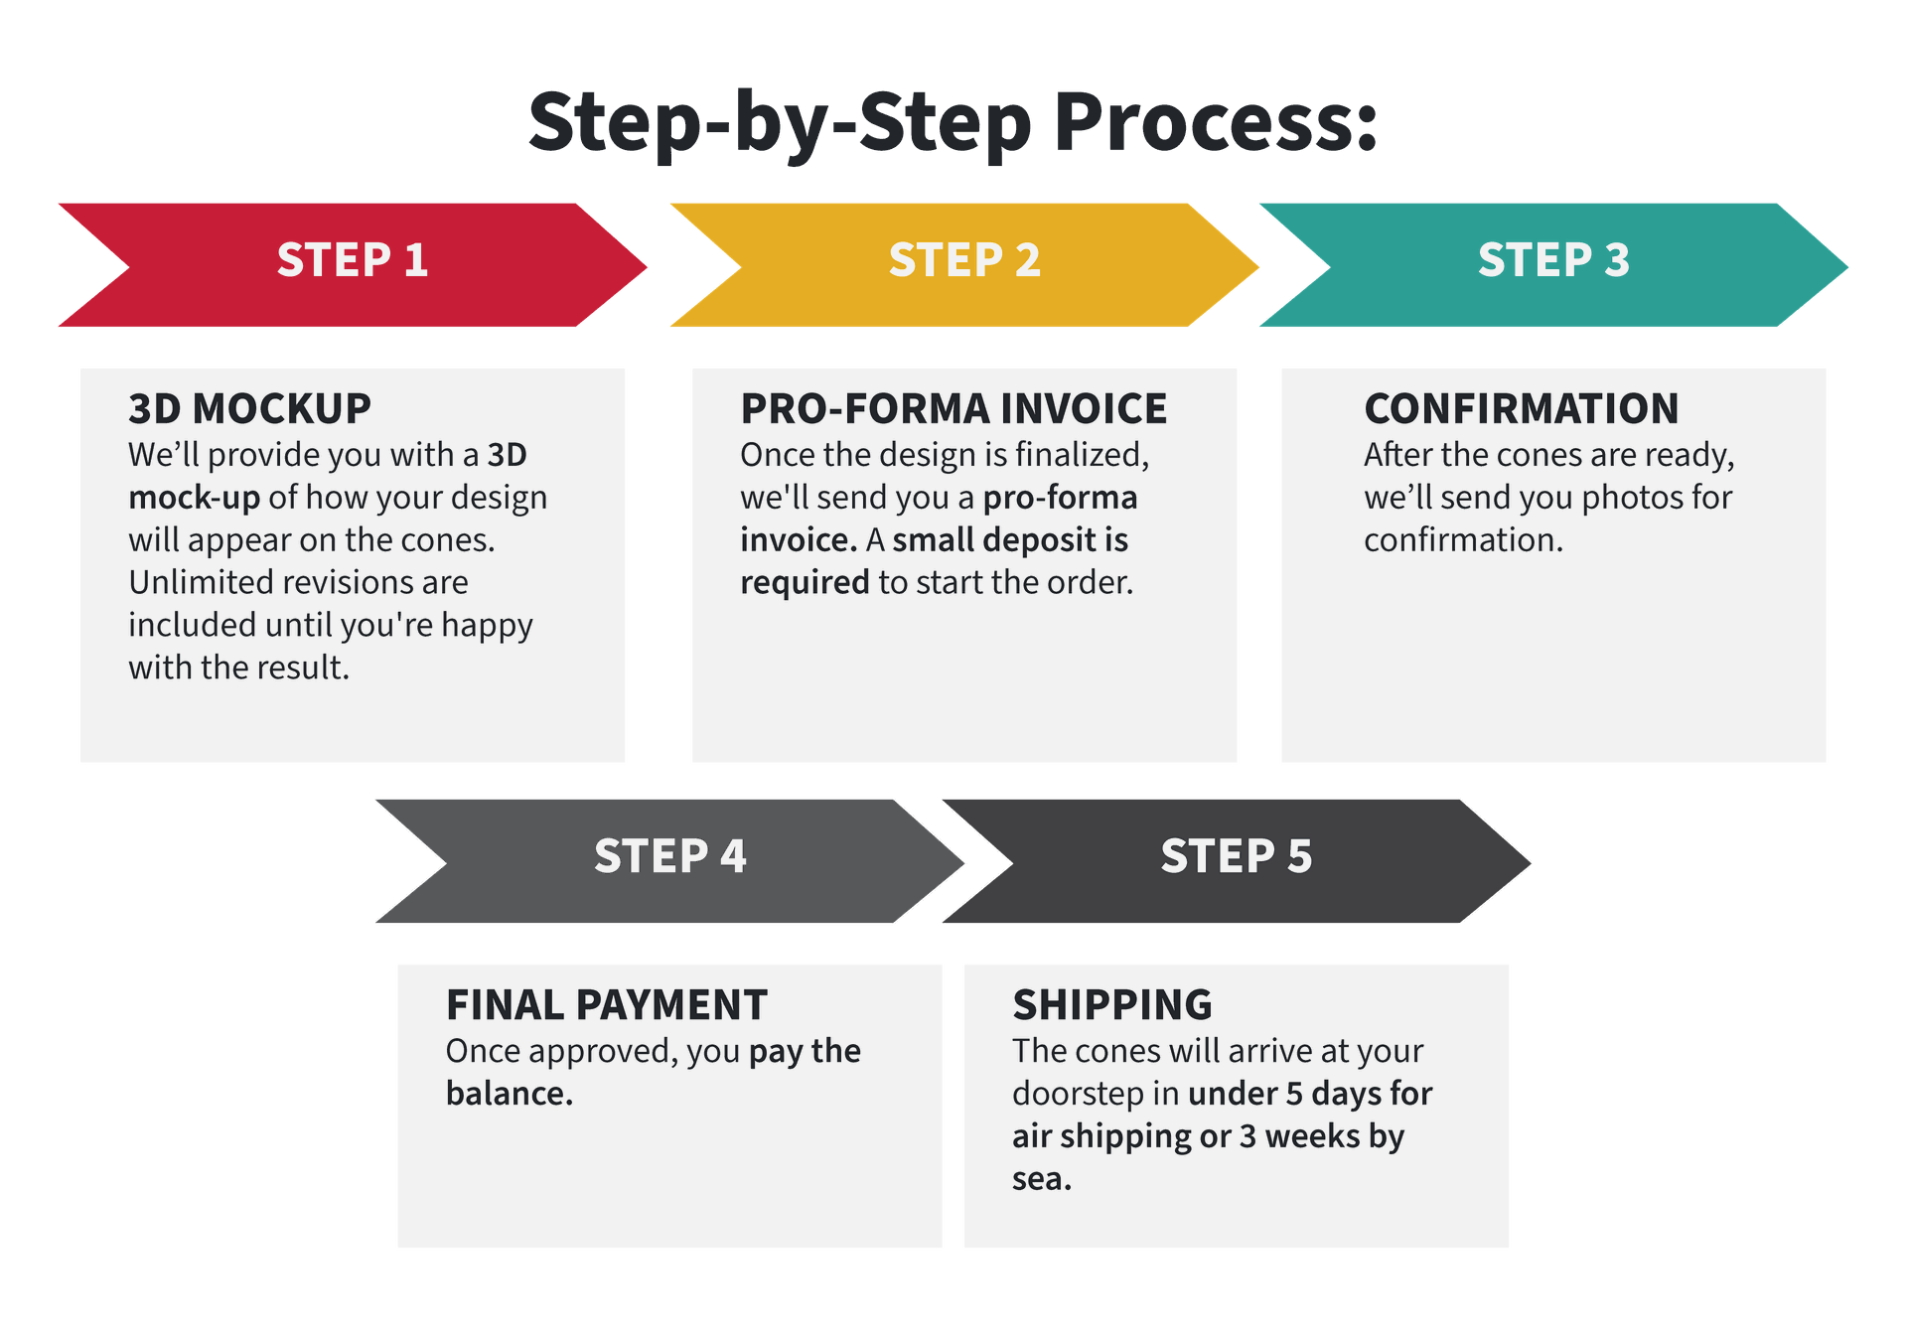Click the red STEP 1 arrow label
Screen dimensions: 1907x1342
353,260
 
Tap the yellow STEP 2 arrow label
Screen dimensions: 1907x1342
964,260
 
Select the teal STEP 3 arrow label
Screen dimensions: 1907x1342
1553,260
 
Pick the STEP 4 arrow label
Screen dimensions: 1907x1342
670,856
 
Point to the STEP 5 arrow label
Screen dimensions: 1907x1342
1237,856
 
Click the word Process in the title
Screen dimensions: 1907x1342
1216,121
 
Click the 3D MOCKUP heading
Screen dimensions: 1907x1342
249,408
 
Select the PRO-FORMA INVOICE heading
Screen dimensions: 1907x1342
953,408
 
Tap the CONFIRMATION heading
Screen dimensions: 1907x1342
1522,408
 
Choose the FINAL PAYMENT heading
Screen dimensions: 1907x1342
607,1004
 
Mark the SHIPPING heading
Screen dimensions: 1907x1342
1112,1004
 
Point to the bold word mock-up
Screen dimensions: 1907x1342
195,499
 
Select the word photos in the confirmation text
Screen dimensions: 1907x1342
1630,499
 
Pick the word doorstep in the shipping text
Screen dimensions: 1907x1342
1079,1095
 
